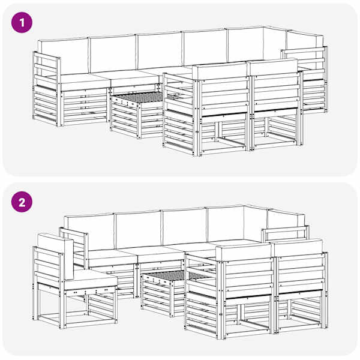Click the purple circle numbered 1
pos(22,23)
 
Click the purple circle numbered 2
pos(22,202)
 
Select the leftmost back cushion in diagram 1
pos(63,56)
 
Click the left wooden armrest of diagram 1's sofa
pos(47,88)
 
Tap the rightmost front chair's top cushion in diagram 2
pos(299,247)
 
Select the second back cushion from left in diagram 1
pos(113,54)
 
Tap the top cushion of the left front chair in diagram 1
pos(220,71)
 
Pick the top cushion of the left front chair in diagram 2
pos(244,252)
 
